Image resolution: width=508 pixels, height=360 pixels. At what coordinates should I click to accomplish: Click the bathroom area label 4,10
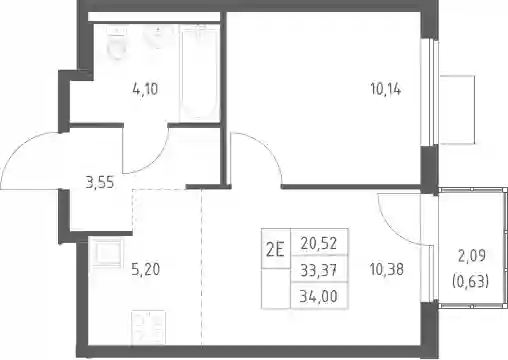145,89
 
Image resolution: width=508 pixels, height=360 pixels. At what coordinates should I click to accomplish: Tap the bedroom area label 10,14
386,89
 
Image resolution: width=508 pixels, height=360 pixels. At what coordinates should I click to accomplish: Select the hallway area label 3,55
100,183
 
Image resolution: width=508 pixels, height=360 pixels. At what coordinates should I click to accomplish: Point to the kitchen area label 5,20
146,269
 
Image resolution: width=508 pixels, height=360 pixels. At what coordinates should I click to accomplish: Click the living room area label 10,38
387,269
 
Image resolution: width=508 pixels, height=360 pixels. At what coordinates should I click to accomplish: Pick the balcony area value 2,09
472,256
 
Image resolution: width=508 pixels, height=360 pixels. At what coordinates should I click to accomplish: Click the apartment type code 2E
275,250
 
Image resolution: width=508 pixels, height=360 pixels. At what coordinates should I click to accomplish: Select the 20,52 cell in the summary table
319,243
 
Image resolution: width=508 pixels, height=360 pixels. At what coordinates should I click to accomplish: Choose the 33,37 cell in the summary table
319,270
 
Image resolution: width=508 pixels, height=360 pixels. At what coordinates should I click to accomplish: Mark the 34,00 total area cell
319,296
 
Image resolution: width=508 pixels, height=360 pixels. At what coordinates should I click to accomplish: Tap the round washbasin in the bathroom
158,37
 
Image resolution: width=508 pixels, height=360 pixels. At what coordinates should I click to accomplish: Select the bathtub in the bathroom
199,73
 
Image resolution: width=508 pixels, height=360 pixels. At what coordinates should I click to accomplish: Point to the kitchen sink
107,252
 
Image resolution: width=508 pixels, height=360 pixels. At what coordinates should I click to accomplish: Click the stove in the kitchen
148,328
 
